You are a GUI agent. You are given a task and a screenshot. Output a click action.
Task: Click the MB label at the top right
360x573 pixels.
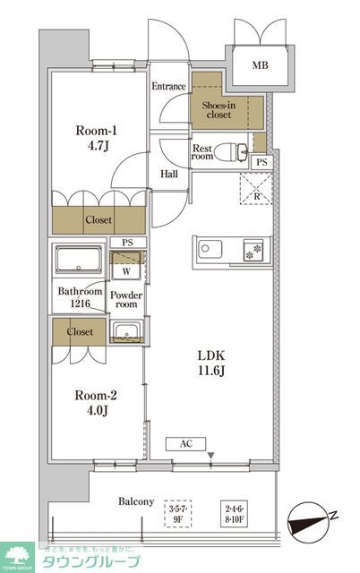click(x=260, y=66)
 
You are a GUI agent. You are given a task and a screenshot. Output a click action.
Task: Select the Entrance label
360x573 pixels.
click(x=167, y=87)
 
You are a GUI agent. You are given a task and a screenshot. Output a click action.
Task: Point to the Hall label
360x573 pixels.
click(x=167, y=174)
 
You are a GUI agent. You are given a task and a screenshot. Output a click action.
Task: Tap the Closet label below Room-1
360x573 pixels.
click(x=99, y=219)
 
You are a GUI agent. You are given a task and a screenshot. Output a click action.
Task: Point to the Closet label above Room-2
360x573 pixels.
click(x=79, y=330)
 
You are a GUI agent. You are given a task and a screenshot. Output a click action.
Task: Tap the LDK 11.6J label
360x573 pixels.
click(x=210, y=363)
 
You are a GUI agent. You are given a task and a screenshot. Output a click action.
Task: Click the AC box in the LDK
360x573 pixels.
click(x=186, y=443)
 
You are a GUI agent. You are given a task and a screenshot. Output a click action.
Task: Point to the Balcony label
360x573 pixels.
click(x=136, y=501)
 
